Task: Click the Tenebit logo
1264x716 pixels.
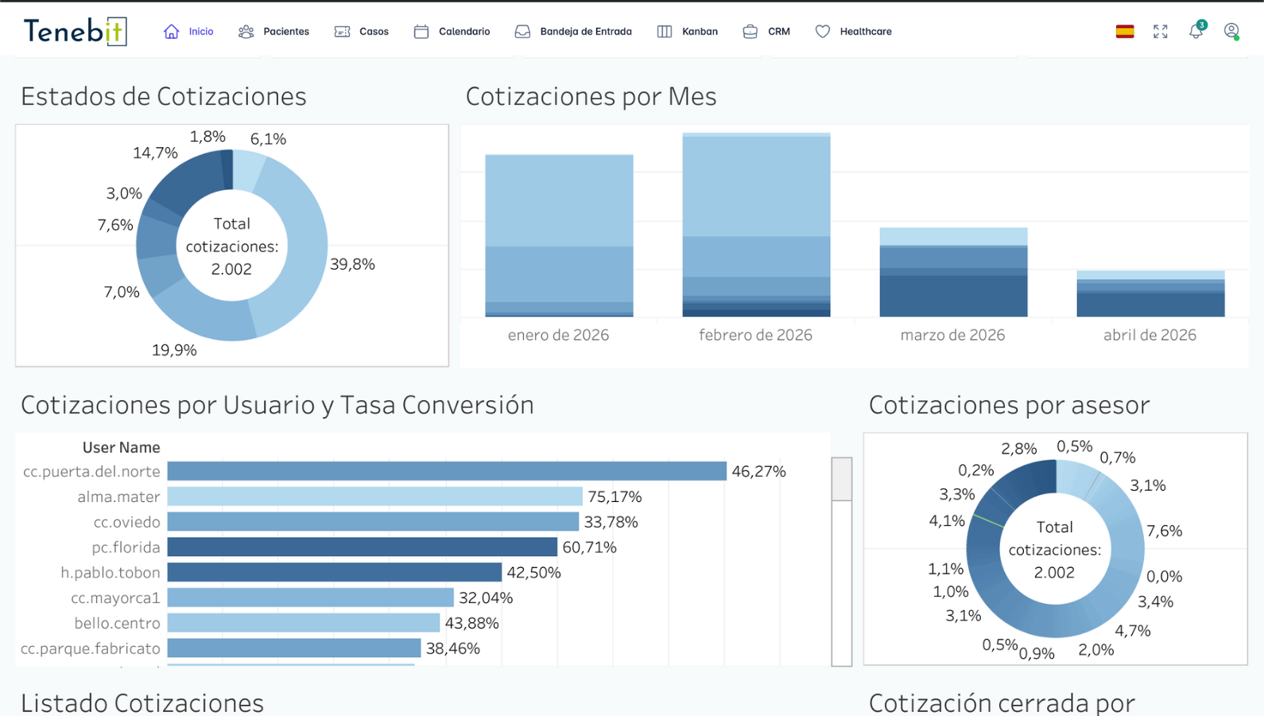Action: click(75, 31)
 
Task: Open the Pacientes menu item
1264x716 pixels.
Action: click(274, 32)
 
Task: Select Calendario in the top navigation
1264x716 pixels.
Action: click(452, 32)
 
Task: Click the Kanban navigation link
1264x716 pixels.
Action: click(688, 32)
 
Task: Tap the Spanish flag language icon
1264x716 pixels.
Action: click(1124, 32)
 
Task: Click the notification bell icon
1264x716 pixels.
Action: click(1196, 32)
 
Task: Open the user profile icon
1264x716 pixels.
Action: click(1231, 32)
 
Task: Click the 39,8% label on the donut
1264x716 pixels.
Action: click(352, 264)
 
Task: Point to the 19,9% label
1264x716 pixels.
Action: click(174, 350)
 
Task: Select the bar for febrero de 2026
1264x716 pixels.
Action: click(756, 224)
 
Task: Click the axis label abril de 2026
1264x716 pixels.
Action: click(1150, 335)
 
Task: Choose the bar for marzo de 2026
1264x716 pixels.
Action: click(953, 272)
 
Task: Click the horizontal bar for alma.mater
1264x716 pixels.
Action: click(374, 496)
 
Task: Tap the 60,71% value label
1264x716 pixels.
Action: click(589, 547)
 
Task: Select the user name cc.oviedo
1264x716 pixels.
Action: click(126, 522)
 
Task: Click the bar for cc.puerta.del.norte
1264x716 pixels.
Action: click(446, 471)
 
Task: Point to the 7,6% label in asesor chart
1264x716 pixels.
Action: click(1164, 531)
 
